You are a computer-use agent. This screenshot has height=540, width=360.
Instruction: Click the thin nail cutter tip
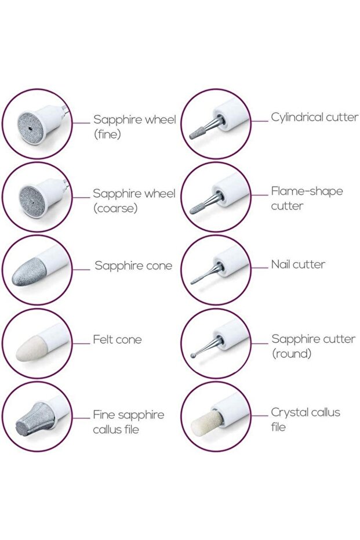pos(197,280)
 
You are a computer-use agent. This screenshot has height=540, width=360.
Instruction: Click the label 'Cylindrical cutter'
pos(314,117)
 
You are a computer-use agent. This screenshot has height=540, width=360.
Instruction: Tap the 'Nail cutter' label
pos(298,264)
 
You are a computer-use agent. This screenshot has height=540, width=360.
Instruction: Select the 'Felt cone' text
pos(117,339)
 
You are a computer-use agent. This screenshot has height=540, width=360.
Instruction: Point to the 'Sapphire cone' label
pos(133,266)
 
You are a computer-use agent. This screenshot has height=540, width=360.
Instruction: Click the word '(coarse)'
pos(115,208)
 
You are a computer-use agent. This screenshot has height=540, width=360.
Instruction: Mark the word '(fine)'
pos(107,134)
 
